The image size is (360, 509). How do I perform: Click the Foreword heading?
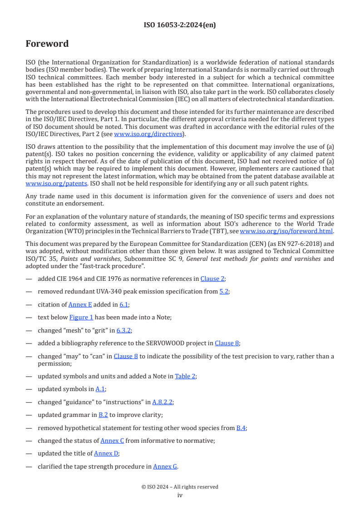[x=47, y=44]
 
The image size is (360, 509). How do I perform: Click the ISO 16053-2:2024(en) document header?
[x=180, y=25]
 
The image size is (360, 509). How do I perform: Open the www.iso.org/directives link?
[x=148, y=134]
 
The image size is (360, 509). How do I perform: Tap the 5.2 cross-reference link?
[x=224, y=291]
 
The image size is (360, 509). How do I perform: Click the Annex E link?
[x=80, y=304]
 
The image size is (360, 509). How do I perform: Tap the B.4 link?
[x=242, y=428]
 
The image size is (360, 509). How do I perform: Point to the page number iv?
[x=180, y=495]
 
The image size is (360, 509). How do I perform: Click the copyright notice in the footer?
[x=180, y=487]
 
